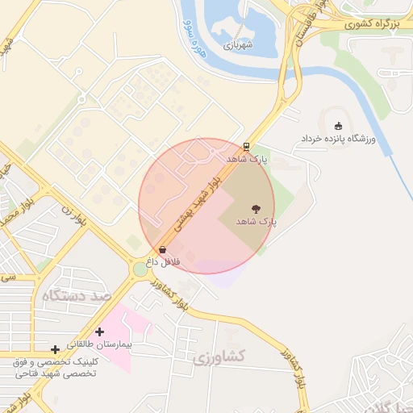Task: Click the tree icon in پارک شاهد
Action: tap(256, 208)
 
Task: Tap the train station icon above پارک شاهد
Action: tap(246, 147)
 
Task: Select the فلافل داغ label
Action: tap(163, 261)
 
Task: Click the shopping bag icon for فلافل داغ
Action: tap(164, 249)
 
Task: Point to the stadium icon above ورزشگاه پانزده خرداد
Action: tap(338, 125)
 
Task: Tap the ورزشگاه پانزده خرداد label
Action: tap(339, 140)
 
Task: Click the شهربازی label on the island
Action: tap(238, 45)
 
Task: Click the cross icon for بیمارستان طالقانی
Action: tap(99, 332)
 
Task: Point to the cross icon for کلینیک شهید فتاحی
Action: tap(55, 349)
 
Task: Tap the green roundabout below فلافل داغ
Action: tap(140, 269)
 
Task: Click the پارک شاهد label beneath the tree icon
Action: tap(257, 220)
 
